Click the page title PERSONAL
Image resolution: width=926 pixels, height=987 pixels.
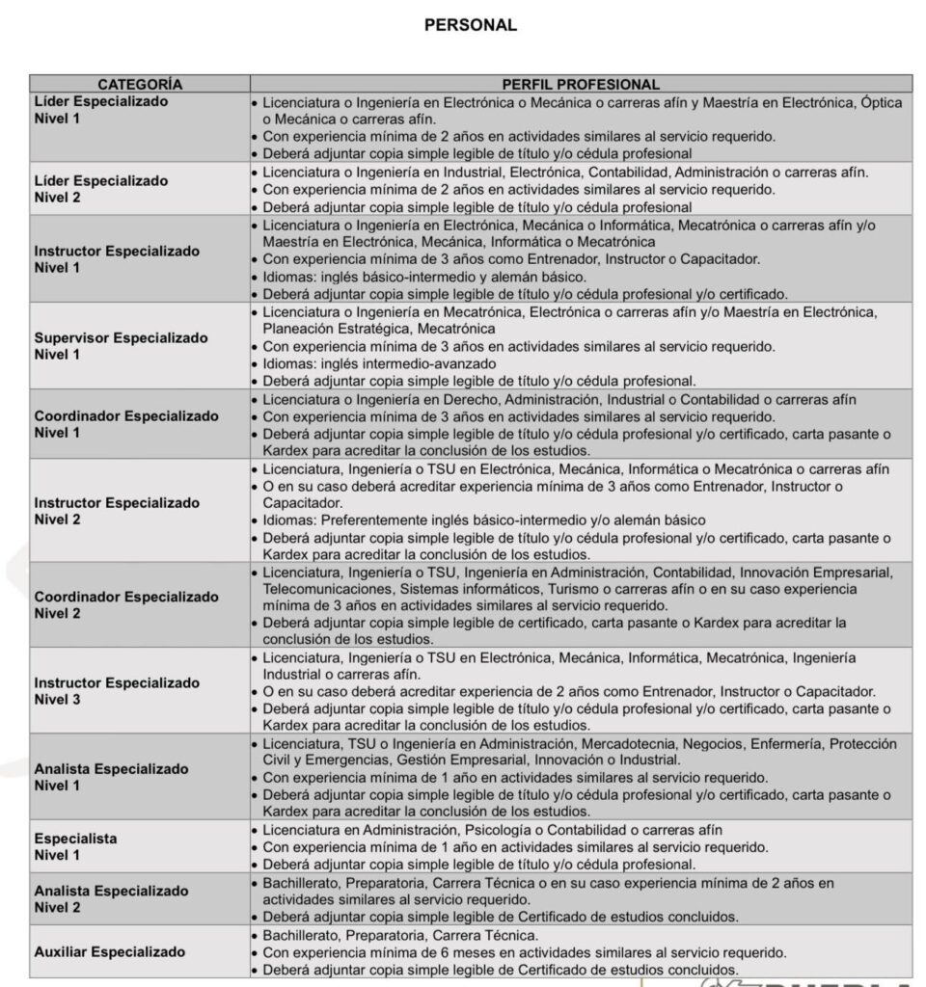click(x=471, y=26)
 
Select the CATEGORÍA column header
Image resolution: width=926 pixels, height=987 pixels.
click(x=140, y=85)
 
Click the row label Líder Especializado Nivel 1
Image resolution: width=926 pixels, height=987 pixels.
click(x=101, y=110)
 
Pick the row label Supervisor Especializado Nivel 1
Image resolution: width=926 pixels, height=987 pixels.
click(x=122, y=346)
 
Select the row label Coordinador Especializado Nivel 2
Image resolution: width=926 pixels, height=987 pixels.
click(x=126, y=605)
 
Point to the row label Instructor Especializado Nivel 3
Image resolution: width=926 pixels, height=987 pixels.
click(x=118, y=691)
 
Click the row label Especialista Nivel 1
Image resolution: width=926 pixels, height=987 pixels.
click(x=76, y=846)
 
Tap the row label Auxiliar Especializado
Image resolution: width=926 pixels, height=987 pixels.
click(x=110, y=951)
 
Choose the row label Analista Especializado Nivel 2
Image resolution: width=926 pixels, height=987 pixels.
click(x=112, y=898)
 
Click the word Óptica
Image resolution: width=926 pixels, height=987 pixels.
click(x=880, y=102)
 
